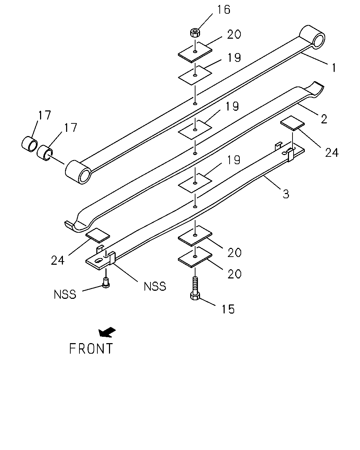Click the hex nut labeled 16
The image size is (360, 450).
click(195, 33)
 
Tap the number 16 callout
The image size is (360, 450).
click(224, 10)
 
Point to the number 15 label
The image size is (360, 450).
click(228, 309)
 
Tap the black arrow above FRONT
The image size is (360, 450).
click(107, 332)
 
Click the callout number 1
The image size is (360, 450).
click(334, 68)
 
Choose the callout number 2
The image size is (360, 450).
click(324, 119)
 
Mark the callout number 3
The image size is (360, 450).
click(286, 194)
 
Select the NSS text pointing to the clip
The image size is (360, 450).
click(155, 286)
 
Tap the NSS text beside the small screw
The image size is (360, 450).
click(65, 294)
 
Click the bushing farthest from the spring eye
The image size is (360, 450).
click(30, 144)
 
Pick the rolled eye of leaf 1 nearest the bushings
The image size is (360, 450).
click(78, 172)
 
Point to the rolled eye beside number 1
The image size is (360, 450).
click(312, 37)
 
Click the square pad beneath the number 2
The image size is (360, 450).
click(292, 123)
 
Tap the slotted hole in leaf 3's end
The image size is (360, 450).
click(98, 261)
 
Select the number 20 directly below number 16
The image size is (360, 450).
click(234, 34)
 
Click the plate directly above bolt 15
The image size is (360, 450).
click(195, 257)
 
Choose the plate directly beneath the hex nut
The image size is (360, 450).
click(195, 52)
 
